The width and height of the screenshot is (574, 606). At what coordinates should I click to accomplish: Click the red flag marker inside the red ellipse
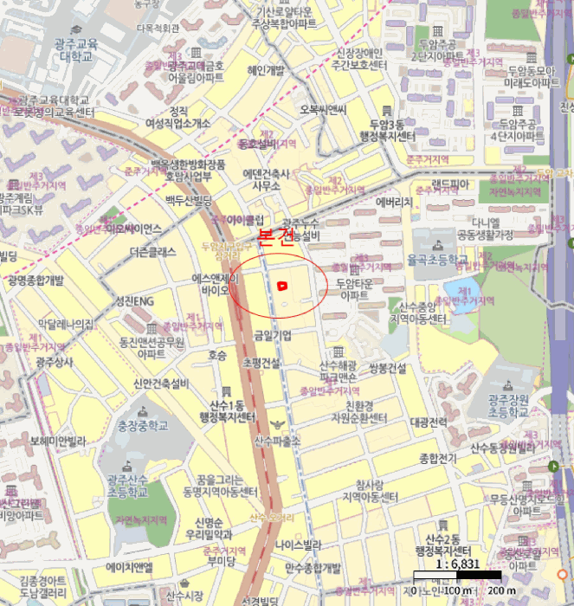pos(282,285)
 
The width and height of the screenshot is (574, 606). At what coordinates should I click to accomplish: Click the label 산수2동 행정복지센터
pos(442,545)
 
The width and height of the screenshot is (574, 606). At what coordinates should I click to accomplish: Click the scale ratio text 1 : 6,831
pos(458,564)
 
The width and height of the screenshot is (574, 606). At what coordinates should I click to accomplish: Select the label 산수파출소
pos(276,441)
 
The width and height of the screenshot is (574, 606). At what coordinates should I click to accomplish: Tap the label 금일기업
pos(272,335)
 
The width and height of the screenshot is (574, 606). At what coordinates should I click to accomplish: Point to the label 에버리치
pos(394,202)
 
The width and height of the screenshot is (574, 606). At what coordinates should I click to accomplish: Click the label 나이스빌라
pos(299,545)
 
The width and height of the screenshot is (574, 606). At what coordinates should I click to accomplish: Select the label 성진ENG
pos(134,300)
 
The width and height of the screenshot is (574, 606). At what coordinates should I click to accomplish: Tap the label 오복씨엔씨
pos(323,109)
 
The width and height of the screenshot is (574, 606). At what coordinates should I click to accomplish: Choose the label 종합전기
pos(437,458)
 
